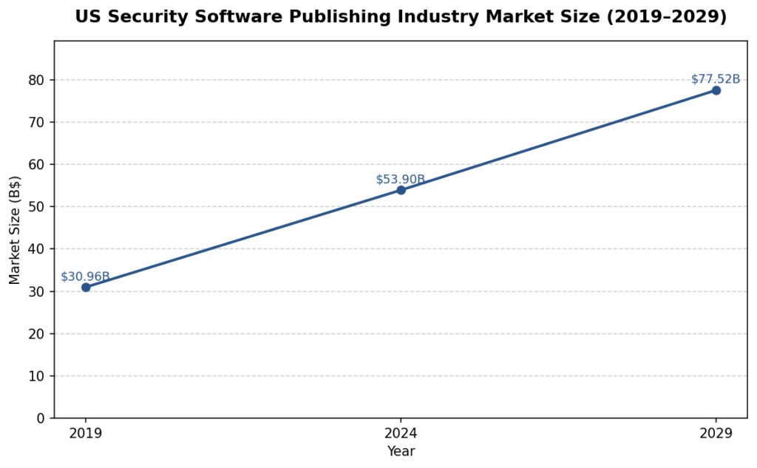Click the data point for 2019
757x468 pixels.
[86, 287]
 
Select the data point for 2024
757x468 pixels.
[401, 190]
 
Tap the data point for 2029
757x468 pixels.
[716, 90]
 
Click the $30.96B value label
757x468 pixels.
[85, 277]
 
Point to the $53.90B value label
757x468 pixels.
[400, 180]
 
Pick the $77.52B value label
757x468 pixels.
[715, 79]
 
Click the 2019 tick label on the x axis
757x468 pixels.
[86, 433]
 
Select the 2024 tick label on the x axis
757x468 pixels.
[401, 433]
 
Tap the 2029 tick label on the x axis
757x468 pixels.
[716, 433]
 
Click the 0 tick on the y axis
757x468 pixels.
[41, 418]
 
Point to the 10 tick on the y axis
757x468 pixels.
[38, 376]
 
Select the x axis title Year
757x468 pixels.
[401, 451]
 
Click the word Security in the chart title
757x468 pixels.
[139, 17]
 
